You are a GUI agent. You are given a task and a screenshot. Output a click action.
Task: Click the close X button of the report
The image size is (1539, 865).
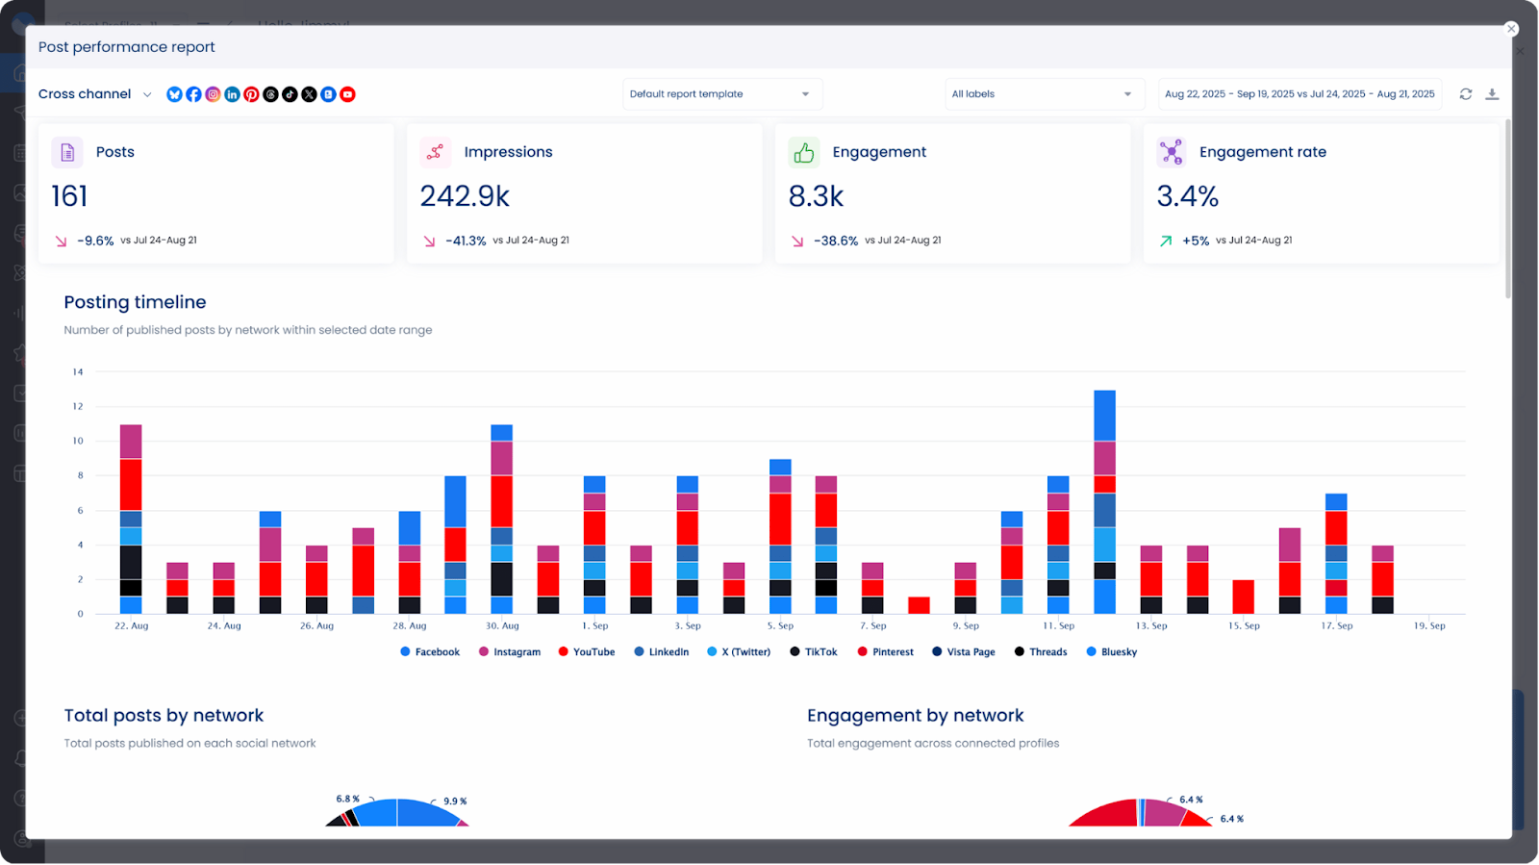click(1511, 29)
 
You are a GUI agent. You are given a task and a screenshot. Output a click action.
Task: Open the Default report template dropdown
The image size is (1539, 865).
click(721, 94)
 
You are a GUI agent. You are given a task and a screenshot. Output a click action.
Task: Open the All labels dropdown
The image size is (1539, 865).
click(1043, 94)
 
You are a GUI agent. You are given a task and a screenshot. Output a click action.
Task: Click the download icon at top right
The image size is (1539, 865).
click(1492, 94)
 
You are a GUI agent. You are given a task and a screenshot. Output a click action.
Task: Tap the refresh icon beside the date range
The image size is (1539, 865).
click(1465, 94)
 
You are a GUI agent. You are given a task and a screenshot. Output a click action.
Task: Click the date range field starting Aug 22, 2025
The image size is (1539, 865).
click(1299, 94)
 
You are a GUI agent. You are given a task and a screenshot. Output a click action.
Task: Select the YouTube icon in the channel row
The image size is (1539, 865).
click(348, 94)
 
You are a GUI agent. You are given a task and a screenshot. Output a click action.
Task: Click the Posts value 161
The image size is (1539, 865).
click(69, 196)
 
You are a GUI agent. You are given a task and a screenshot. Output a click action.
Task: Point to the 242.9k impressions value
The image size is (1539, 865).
click(465, 196)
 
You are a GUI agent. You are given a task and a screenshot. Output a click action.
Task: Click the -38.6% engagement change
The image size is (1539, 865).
click(835, 241)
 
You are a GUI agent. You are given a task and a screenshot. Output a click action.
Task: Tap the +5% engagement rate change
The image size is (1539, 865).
click(1195, 241)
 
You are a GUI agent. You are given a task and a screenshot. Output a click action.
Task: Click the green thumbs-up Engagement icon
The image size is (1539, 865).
click(804, 152)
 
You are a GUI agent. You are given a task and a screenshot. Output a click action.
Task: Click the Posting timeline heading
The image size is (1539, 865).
click(135, 302)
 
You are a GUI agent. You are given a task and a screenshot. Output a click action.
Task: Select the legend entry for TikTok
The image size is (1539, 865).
click(814, 652)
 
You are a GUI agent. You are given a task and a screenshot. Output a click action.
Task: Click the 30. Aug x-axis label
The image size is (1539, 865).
click(502, 625)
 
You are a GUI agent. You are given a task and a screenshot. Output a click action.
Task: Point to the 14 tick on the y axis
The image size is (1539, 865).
click(78, 371)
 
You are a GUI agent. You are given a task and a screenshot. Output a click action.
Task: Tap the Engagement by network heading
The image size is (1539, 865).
click(915, 716)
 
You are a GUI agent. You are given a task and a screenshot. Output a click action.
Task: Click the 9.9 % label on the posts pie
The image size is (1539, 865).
click(455, 801)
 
